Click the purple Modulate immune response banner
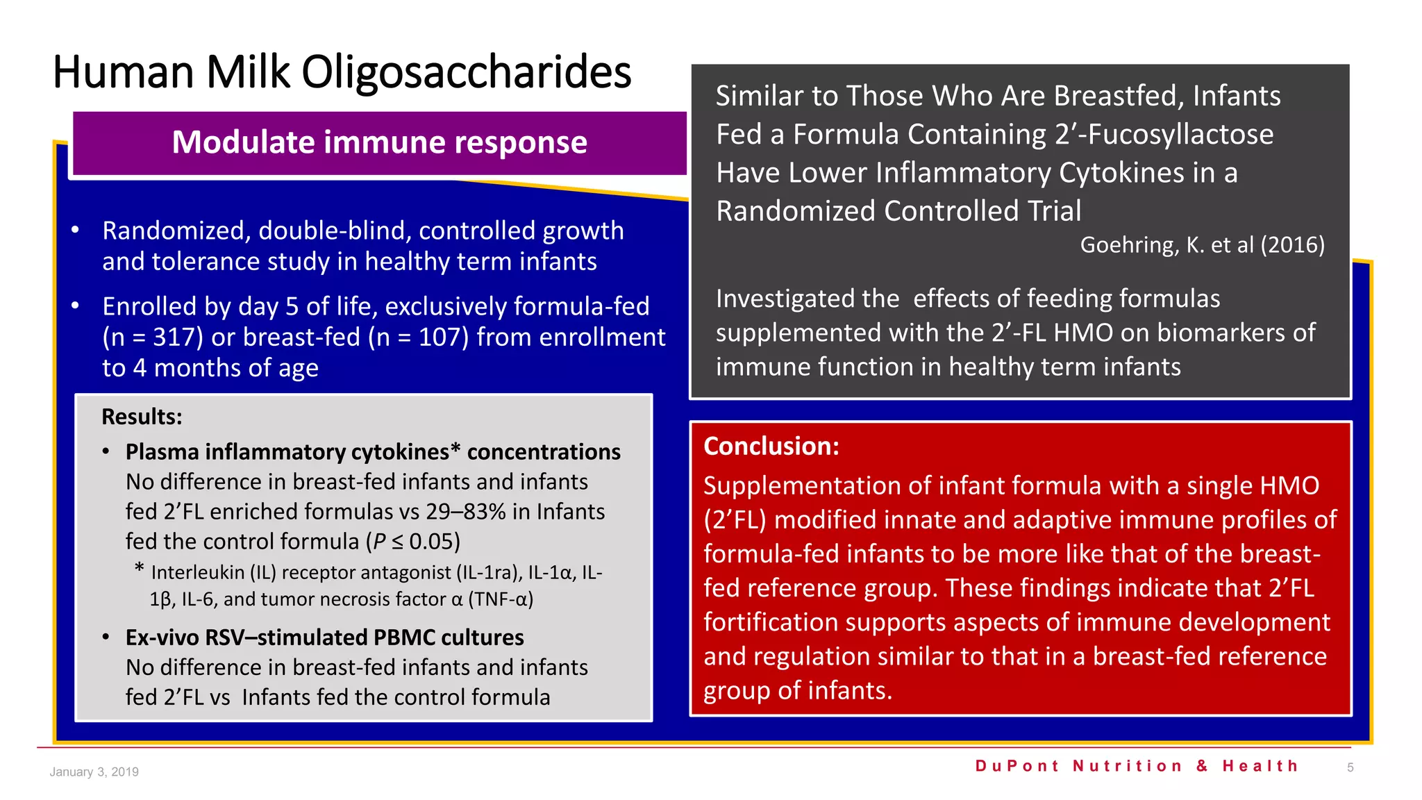point(379,143)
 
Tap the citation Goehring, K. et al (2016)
point(1202,245)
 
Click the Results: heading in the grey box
point(142,417)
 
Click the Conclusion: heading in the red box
point(771,447)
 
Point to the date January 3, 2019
point(94,772)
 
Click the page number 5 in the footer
point(1350,768)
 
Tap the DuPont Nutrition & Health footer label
point(1137,766)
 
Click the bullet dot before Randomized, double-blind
point(75,231)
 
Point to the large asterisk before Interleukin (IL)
point(140,569)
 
